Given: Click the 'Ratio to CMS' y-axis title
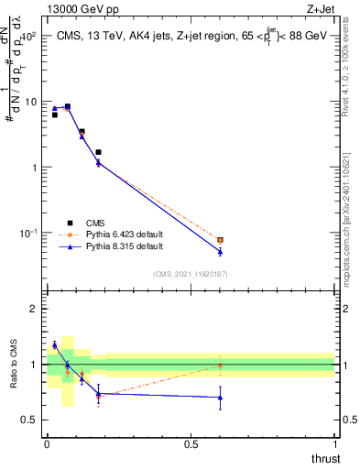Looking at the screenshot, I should coord(15,364).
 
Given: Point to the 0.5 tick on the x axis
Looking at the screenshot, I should coord(191,443).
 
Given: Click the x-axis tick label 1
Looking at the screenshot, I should coord(335,443).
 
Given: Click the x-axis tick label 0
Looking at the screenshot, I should coord(47,443).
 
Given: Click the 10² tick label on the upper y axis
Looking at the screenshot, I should coord(27,36).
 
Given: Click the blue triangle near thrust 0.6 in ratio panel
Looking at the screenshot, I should coord(220,398).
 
